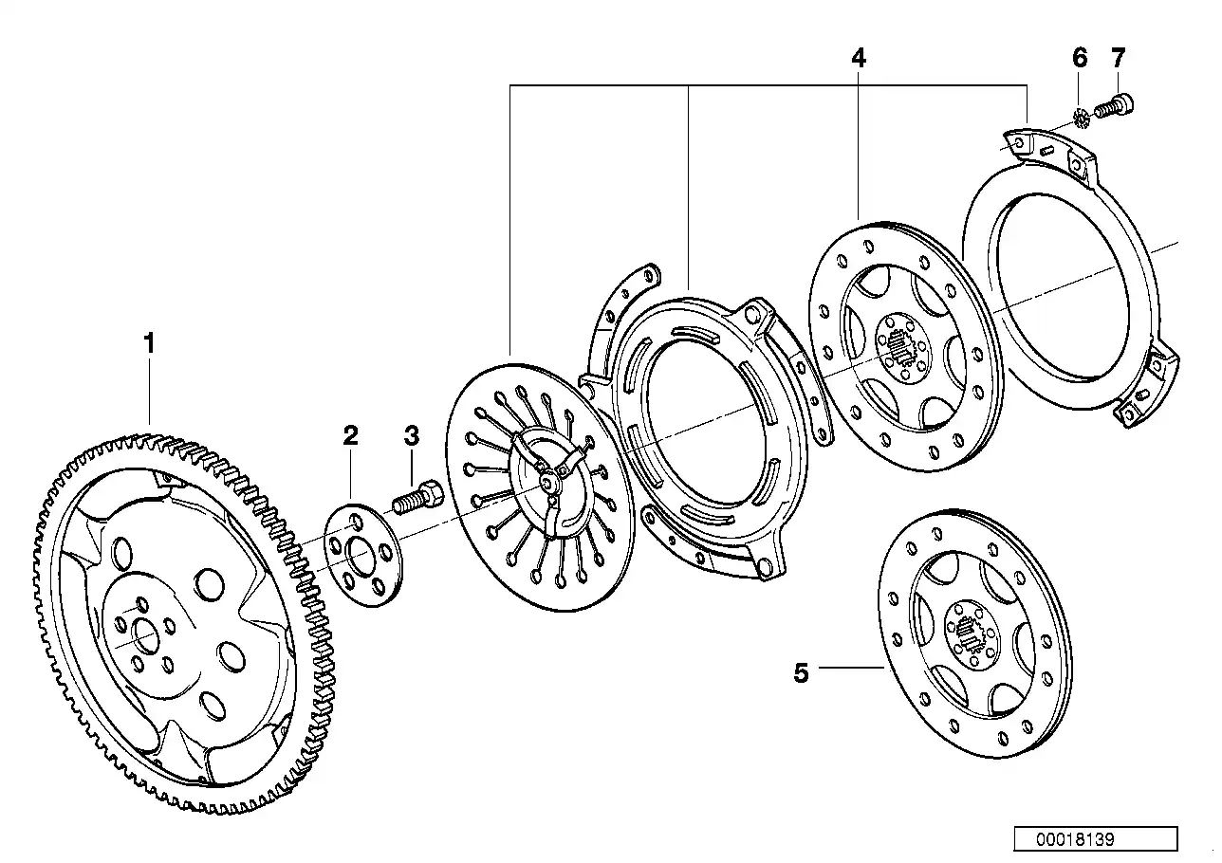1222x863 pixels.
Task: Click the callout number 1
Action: point(148,343)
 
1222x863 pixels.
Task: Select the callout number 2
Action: point(350,435)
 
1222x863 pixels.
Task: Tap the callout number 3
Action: point(411,435)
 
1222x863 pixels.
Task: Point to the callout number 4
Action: point(858,58)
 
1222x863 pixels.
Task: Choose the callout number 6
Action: point(1080,58)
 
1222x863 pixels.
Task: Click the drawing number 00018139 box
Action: point(1095,839)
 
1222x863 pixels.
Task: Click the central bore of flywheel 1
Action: point(146,635)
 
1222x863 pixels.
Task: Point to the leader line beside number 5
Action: point(851,669)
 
